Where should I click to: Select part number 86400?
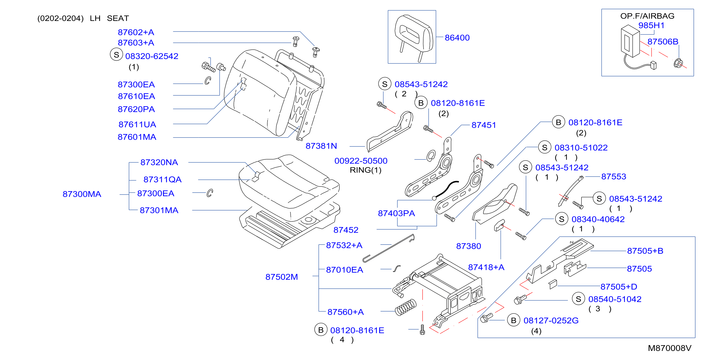tap(457, 38)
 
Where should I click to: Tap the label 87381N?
tap(321, 146)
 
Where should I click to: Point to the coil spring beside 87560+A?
tap(406, 308)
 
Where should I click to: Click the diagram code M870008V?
tap(669, 348)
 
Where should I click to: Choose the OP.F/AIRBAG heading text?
tap(647, 16)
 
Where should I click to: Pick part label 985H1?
tap(651, 25)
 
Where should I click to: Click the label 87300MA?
tap(82, 194)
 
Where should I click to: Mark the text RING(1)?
tap(365, 170)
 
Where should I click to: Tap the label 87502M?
tap(282, 277)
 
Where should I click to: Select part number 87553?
tap(613, 176)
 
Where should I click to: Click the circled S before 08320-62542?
tap(116, 54)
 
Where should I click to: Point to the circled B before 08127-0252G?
tap(514, 320)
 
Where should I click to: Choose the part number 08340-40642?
tap(598, 219)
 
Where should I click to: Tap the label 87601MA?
tap(137, 137)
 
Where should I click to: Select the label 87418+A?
tap(486, 267)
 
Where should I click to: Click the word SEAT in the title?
tap(118, 18)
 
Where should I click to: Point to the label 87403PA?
tap(396, 213)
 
